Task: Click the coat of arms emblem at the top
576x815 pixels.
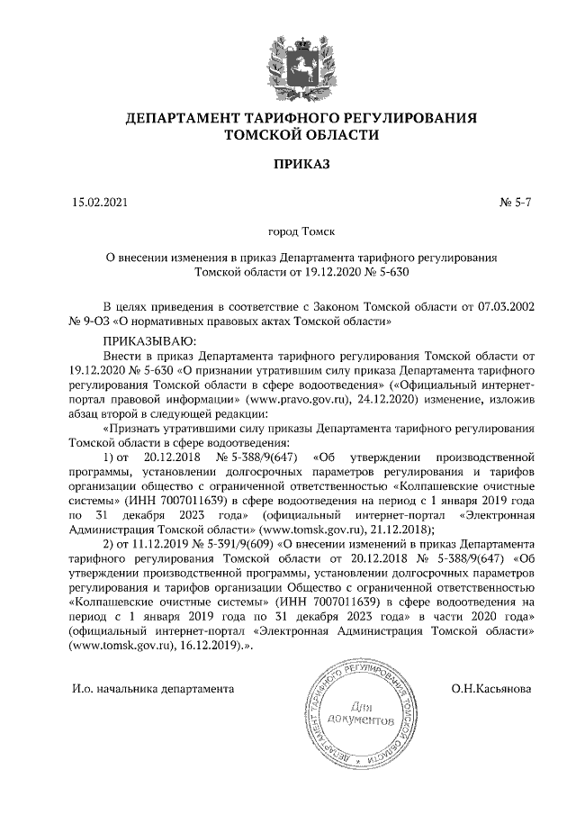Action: (x=289, y=62)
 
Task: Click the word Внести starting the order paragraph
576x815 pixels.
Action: (x=125, y=356)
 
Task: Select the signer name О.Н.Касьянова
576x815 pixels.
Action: (x=491, y=689)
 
